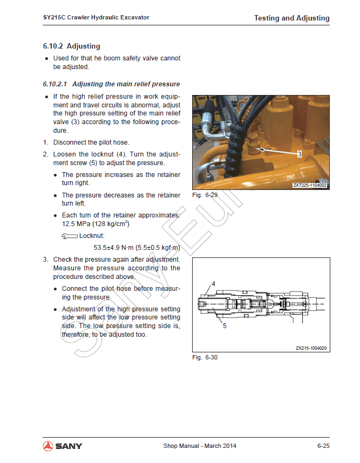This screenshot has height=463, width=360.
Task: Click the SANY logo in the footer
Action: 63,446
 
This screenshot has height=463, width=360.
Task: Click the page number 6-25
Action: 323,446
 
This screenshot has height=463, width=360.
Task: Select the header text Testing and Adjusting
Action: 291,18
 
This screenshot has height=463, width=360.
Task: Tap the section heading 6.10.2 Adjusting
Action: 71,46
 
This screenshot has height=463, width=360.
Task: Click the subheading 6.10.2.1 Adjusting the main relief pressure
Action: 111,84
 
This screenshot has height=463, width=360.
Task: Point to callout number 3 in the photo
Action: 299,154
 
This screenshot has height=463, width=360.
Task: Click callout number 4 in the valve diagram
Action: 213,283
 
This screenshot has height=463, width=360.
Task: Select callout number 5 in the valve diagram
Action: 224,325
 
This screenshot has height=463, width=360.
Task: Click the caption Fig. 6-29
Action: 205,195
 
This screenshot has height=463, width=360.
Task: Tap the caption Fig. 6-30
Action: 205,357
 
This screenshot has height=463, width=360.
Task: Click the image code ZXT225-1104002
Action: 310,185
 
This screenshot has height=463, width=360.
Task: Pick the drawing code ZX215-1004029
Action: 311,348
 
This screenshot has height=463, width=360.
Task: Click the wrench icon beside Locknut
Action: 70,236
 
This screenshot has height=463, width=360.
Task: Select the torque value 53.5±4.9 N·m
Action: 114,248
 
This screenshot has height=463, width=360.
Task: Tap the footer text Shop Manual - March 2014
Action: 200,446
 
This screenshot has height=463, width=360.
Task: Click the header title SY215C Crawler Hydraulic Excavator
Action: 96,17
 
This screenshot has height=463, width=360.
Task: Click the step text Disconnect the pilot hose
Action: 91,142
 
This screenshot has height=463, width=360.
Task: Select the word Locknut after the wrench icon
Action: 92,236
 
